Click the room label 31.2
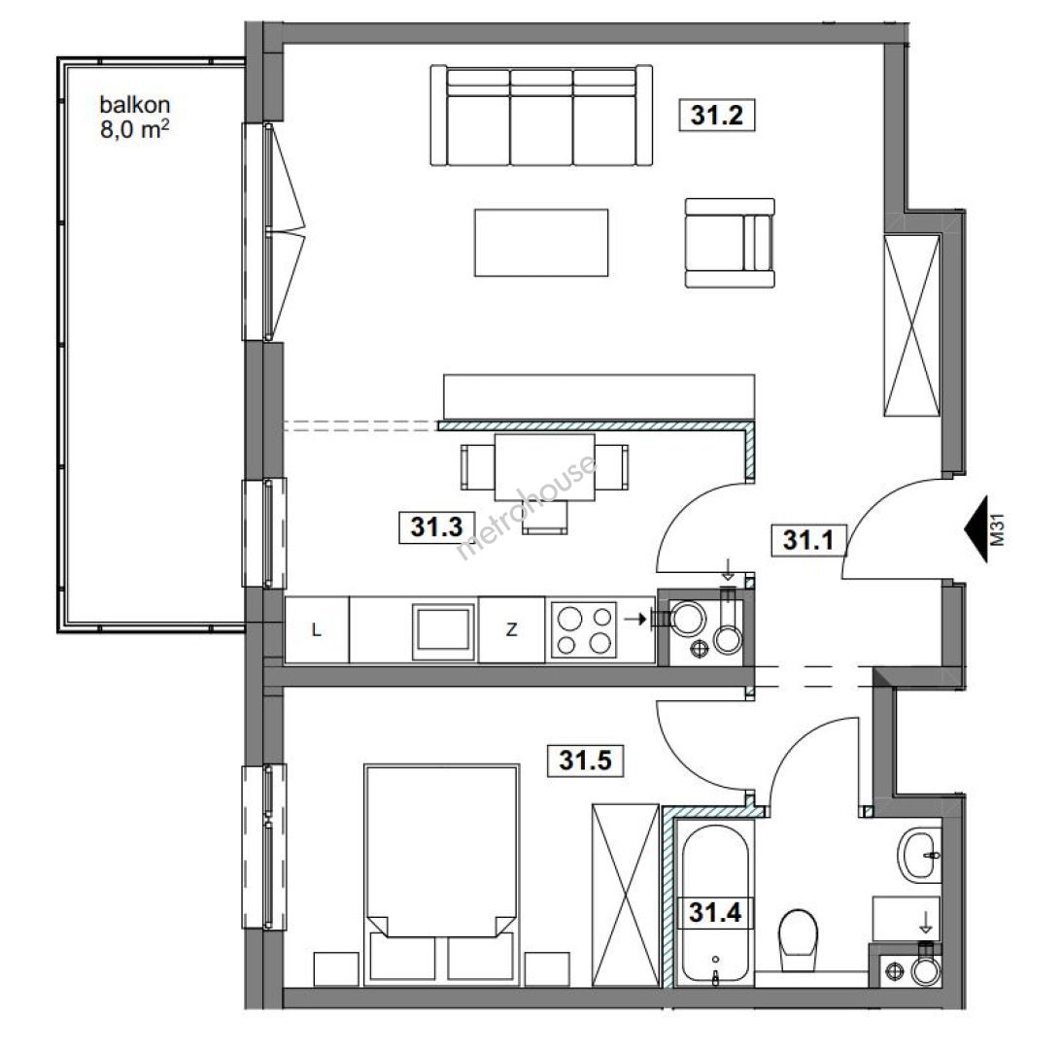(x=717, y=115)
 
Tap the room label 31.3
(x=436, y=526)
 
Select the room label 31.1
(x=808, y=540)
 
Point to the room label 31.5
(x=585, y=761)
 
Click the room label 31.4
(x=715, y=912)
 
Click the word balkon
(x=135, y=105)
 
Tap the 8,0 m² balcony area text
(x=135, y=129)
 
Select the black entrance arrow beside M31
(x=975, y=528)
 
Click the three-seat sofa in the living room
(x=541, y=116)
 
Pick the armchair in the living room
(x=730, y=243)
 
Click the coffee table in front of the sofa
(x=541, y=243)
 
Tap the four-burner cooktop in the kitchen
(x=584, y=630)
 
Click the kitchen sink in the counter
(x=443, y=629)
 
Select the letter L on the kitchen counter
(x=316, y=630)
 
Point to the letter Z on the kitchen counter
(x=511, y=630)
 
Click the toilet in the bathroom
(x=799, y=940)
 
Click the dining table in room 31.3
(x=545, y=467)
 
